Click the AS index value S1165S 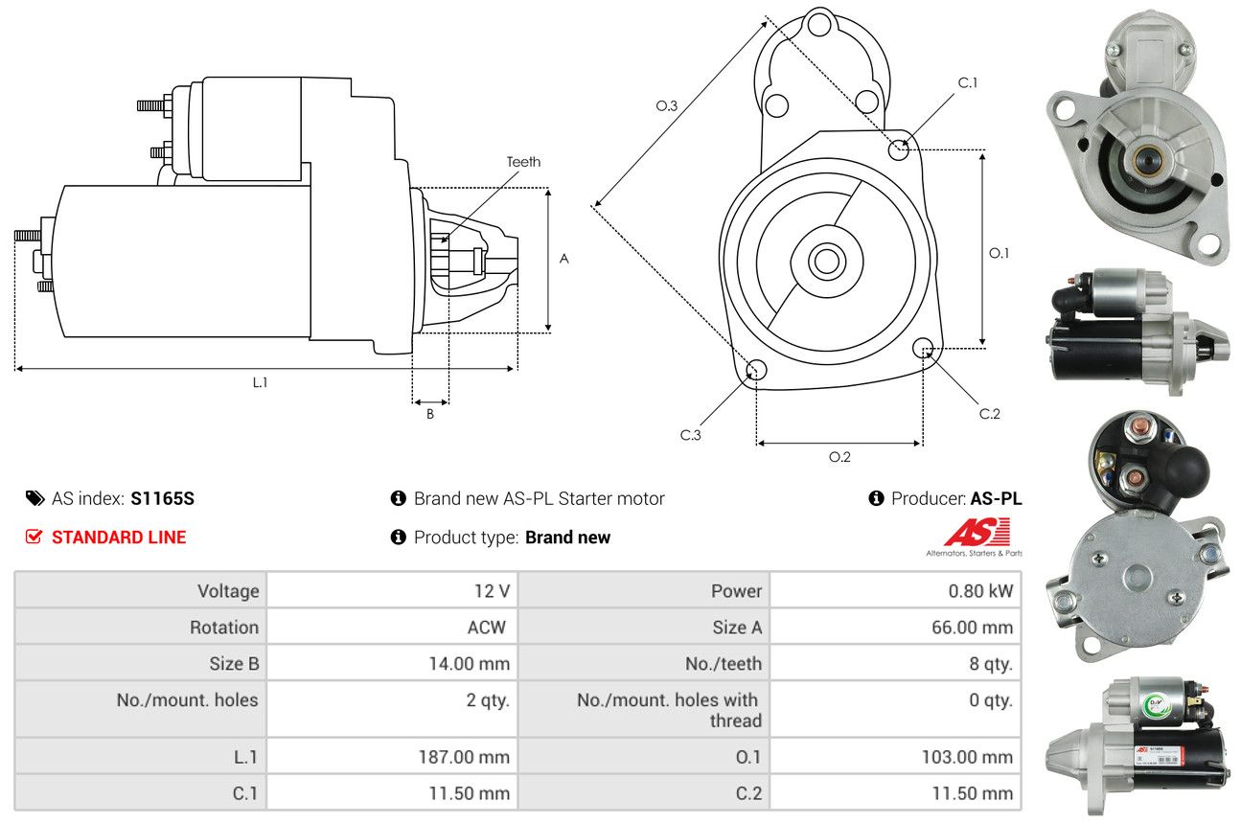(x=162, y=498)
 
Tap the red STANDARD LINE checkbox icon (x=34, y=537)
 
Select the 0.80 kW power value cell (x=895, y=590)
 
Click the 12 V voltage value (x=492, y=591)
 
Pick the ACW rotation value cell (x=392, y=627)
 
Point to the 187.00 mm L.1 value (x=464, y=756)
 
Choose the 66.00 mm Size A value (x=973, y=627)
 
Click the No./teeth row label (x=724, y=663)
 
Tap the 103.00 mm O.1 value (x=967, y=756)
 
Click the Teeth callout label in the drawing (x=523, y=162)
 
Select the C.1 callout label (x=968, y=82)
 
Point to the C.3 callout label (x=690, y=435)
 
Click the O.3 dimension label (x=666, y=105)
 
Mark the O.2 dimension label (x=839, y=457)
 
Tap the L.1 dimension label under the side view (x=260, y=382)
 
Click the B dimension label (x=430, y=414)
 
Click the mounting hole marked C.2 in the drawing (x=923, y=348)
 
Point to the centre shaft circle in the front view (x=827, y=262)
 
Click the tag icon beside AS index (x=34, y=498)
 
